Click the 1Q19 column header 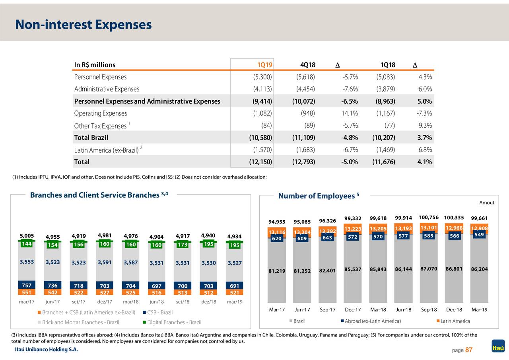(264, 65)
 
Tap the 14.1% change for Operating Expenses (350, 113)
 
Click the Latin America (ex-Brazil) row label (106, 150)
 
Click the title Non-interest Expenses (84, 25)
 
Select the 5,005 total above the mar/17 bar (27, 235)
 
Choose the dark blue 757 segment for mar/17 (27, 285)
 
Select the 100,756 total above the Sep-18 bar (429, 217)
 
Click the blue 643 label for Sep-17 (327, 238)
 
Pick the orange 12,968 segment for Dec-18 (454, 228)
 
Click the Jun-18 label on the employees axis (403, 309)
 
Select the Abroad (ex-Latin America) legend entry (372, 321)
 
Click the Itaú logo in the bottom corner (498, 346)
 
